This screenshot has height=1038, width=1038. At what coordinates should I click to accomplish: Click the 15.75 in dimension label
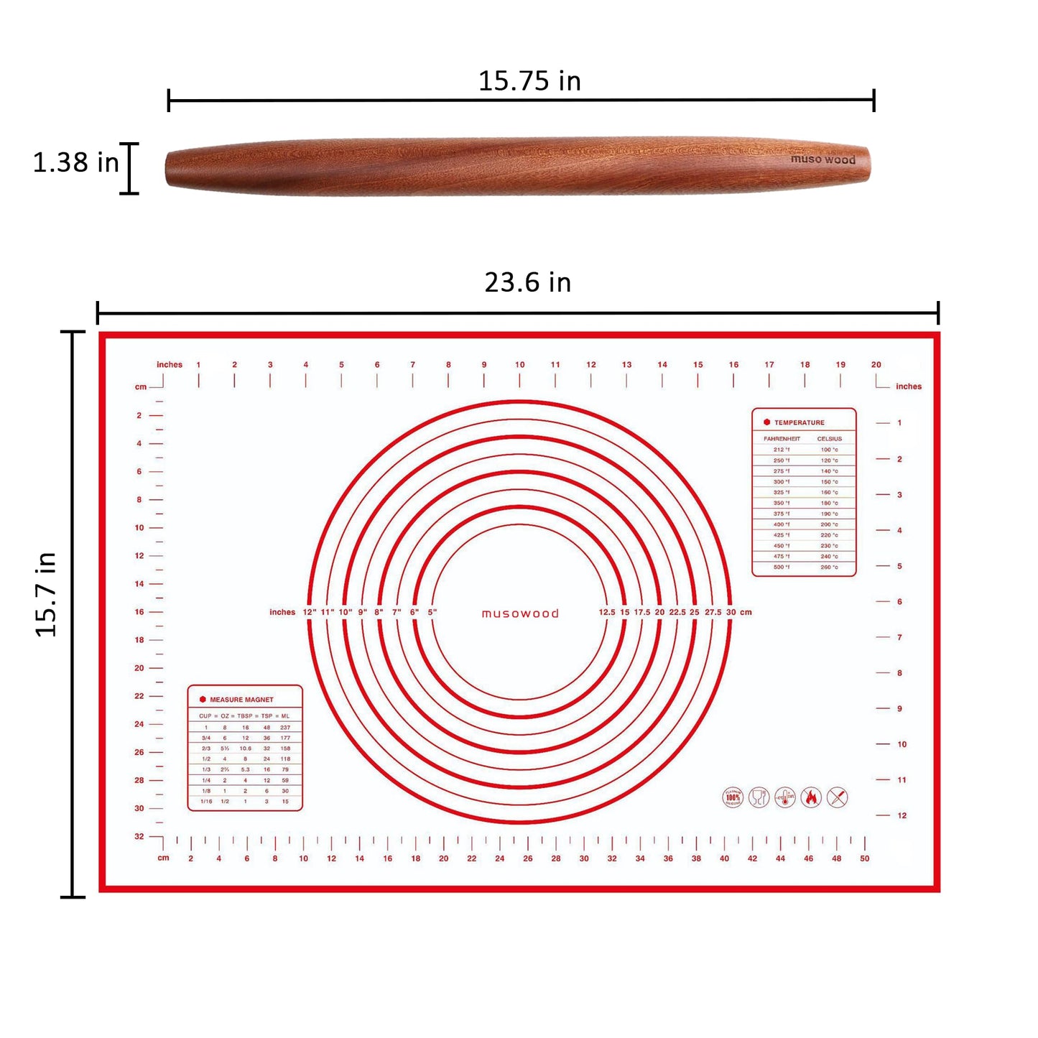coord(529,81)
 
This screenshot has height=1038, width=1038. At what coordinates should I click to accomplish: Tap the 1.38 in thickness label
coord(75,163)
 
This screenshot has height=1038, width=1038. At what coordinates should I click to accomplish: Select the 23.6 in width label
coord(527,283)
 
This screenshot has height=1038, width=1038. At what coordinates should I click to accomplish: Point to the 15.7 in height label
coord(46,595)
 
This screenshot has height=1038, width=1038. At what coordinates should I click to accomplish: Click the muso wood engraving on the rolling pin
coord(822,159)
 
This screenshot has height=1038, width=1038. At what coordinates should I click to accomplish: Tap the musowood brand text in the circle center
coord(520,613)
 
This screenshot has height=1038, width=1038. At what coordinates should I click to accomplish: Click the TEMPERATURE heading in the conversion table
coord(799,422)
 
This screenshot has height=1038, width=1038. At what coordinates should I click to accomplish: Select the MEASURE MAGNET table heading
coord(241,700)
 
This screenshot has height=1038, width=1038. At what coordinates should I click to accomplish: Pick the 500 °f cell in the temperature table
coord(781,567)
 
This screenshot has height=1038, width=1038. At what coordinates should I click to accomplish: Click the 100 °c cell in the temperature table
coord(829,450)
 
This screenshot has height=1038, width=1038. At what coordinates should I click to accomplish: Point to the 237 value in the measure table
coord(285,728)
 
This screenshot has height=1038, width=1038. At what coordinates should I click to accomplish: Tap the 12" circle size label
coord(310,613)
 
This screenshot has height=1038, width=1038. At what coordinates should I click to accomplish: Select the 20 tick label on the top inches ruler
coord(876,365)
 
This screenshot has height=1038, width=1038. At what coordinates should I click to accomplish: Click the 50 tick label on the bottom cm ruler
coord(864,858)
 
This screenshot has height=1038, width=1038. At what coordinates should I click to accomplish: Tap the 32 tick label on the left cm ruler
coord(139,837)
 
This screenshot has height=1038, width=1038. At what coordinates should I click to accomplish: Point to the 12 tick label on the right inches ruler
coord(902,816)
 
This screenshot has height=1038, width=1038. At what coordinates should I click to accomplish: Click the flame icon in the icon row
coord(811,797)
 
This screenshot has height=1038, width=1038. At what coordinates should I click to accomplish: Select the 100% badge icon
coord(733,797)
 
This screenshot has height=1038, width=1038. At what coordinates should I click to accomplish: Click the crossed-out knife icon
coord(838,797)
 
